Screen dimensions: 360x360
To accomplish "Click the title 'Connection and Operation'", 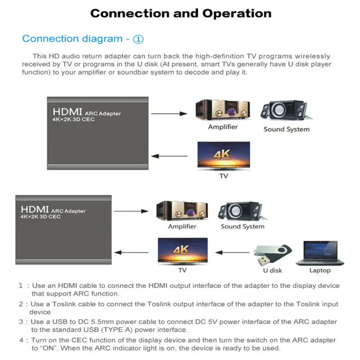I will [181, 13].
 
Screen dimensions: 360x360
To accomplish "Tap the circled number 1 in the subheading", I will [139, 39].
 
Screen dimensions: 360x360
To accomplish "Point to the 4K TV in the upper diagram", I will [224, 156].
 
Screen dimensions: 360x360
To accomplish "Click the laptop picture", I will [319, 253].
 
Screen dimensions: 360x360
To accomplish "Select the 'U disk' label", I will [273, 270].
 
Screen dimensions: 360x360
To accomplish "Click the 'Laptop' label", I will [320, 270].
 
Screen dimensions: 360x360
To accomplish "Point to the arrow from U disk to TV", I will [232, 253].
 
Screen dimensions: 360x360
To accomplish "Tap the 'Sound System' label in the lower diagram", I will [243, 226].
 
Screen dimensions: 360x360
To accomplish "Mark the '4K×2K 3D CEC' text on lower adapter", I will [40, 217].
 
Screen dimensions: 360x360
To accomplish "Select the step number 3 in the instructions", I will [20, 322].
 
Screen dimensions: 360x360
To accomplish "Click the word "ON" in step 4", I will [45, 348].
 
